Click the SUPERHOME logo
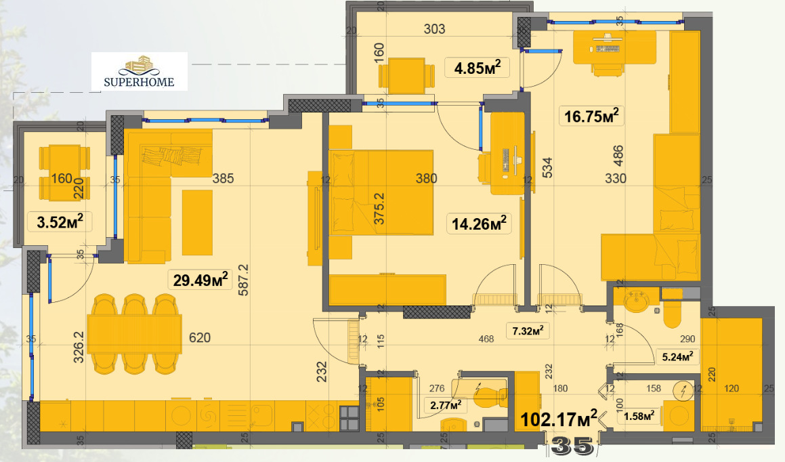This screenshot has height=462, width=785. (139, 72)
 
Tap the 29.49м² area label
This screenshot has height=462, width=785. (200, 279)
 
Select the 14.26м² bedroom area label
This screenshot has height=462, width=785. (479, 224)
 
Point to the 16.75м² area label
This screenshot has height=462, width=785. (591, 116)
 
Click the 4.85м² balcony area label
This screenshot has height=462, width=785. (477, 68)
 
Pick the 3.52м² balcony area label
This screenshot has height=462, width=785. (60, 222)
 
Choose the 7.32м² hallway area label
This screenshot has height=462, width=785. (528, 331)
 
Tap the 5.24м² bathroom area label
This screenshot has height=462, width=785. (677, 356)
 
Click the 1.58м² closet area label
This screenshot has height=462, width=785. (639, 416)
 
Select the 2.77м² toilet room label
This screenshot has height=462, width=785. (446, 404)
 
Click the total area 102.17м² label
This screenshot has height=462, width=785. (559, 419)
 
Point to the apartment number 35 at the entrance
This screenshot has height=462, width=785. (572, 446)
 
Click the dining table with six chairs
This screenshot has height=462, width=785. (134, 335)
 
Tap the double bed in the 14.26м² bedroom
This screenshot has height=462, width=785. (381, 192)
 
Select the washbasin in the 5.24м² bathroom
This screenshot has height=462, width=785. (636, 301)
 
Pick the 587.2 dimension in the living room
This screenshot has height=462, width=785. (244, 280)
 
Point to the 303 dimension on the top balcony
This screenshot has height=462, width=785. (434, 29)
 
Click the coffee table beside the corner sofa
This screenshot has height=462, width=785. (197, 223)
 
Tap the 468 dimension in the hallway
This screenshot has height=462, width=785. (486, 339)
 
